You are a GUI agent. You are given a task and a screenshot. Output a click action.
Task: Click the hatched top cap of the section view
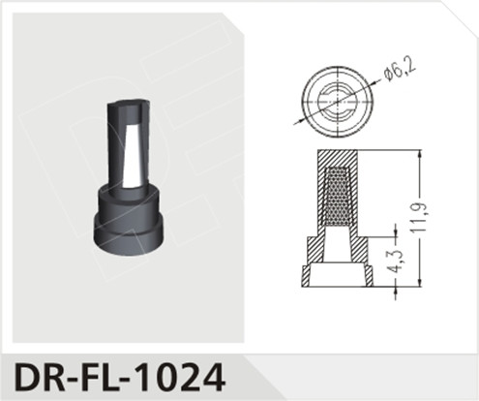(335, 160)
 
